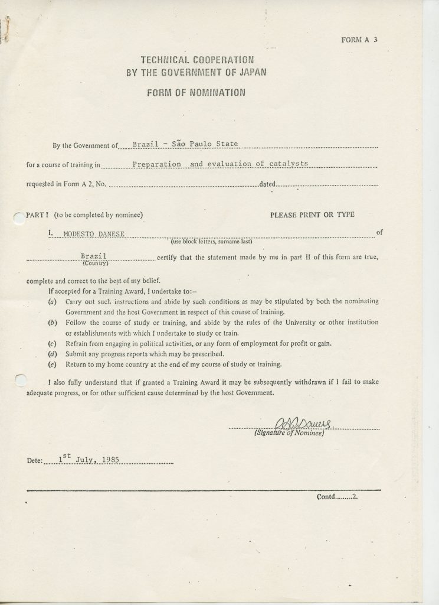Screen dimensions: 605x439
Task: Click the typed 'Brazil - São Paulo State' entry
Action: tap(185, 144)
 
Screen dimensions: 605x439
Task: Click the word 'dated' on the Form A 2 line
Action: tap(268, 184)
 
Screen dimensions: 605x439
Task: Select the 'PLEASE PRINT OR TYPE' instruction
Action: tap(312, 215)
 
